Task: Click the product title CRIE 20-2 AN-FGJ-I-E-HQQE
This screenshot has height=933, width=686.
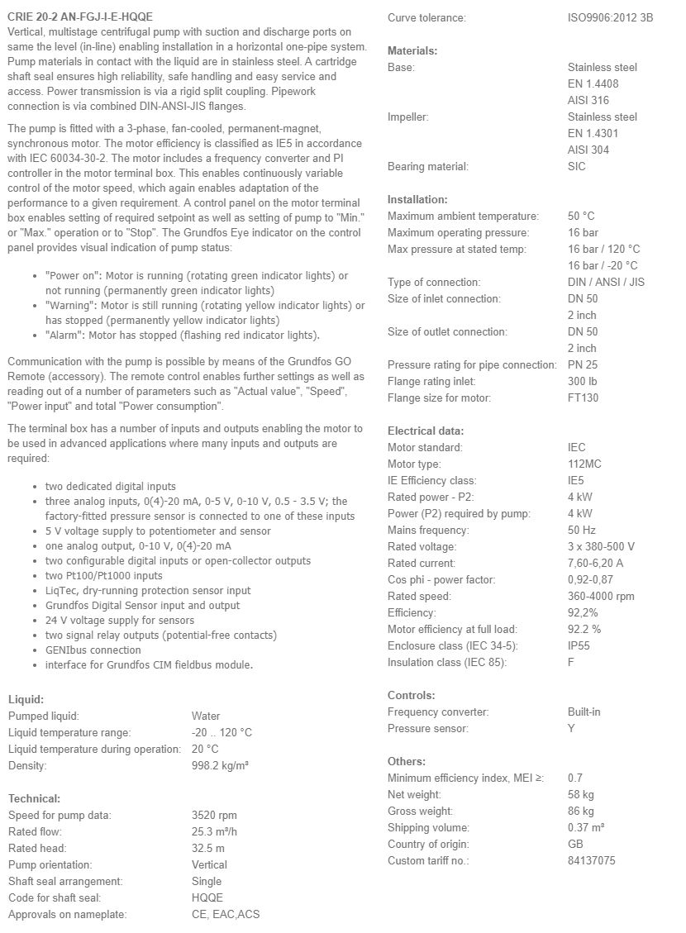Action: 79,17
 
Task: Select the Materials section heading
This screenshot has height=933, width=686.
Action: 412,50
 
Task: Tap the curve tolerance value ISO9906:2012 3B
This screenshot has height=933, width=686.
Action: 610,17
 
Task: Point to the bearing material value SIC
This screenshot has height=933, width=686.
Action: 577,166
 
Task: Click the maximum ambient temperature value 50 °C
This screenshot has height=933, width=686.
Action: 581,216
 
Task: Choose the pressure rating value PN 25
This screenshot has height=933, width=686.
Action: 583,364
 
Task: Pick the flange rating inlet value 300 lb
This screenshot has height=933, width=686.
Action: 582,381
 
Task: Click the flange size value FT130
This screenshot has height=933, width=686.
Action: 583,397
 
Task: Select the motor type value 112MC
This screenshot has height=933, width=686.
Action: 584,464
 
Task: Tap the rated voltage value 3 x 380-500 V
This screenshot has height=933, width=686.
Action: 601,546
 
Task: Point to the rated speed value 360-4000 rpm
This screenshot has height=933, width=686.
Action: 601,596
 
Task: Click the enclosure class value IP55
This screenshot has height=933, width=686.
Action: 579,645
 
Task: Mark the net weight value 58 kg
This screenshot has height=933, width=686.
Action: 580,794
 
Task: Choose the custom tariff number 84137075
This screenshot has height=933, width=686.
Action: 591,860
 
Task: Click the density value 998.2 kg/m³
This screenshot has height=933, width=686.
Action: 220,765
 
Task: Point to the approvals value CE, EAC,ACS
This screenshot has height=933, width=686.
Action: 226,914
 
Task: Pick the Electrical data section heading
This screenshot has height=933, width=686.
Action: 426,431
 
